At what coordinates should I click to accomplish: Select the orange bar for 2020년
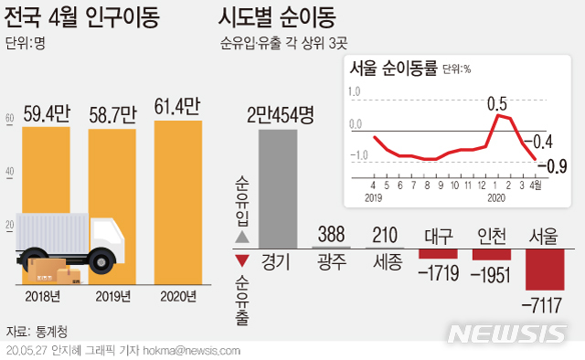tap(177, 201)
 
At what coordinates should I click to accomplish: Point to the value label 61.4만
tap(177, 108)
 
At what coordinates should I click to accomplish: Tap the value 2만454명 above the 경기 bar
tap(280, 116)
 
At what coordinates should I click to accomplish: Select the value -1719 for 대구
tap(437, 270)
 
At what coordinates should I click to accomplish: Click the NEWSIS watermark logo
tap(515, 334)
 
